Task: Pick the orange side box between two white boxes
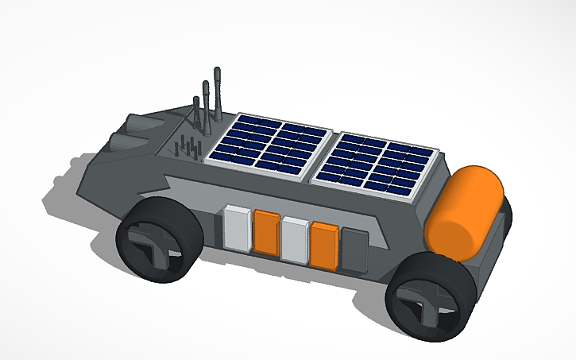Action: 266,232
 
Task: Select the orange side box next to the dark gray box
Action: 324,245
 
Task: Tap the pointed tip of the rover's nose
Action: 80,192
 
